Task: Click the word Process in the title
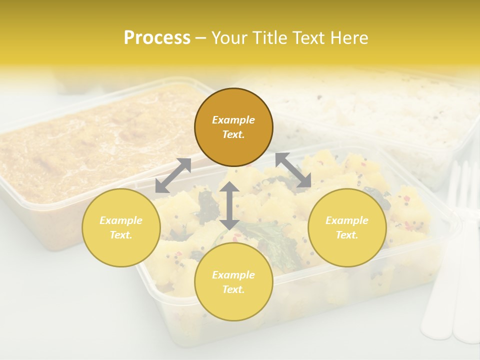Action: point(157,38)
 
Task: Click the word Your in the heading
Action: point(228,38)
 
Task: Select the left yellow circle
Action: point(121,227)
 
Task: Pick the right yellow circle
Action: point(347,227)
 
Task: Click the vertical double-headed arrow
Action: point(229,205)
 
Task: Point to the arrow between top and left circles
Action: point(173,175)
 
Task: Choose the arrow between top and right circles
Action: point(293,170)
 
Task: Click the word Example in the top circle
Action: point(233,120)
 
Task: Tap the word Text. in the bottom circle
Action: point(233,289)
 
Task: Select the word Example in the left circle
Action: point(121,220)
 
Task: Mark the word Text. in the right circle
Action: point(347,235)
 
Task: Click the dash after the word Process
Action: point(200,38)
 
